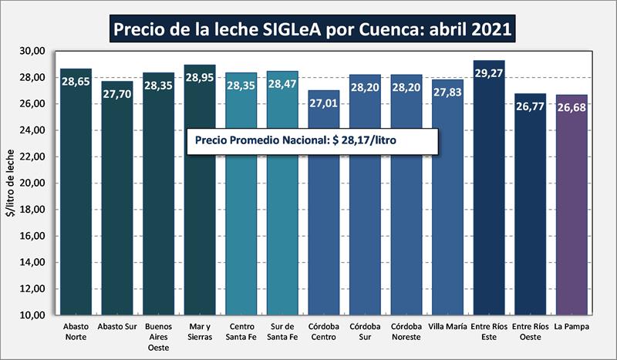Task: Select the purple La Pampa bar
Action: tap(571, 208)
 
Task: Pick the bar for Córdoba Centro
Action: tap(324, 208)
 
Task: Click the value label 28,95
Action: tap(200, 79)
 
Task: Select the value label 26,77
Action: tap(530, 108)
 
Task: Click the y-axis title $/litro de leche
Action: tap(11, 183)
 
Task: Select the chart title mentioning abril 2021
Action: tap(308, 30)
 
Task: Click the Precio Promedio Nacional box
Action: tap(313, 142)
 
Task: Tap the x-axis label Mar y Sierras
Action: tap(200, 332)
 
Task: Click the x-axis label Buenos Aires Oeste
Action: tap(158, 337)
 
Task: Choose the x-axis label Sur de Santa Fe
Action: tap(282, 332)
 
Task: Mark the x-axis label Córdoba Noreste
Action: tap(406, 332)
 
